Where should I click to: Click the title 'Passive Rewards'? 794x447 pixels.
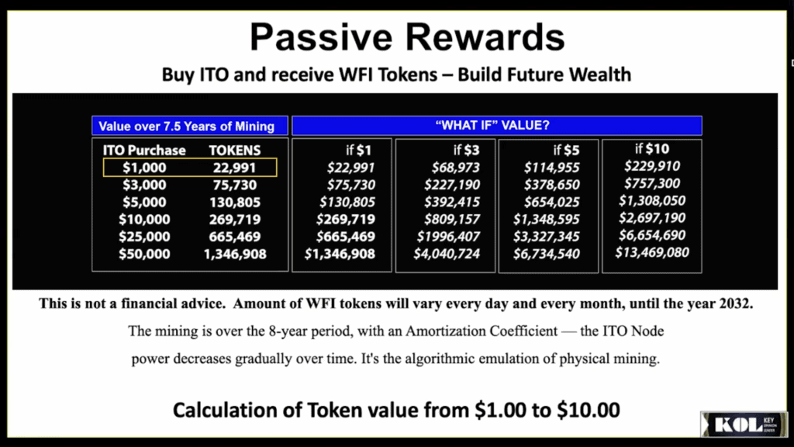(x=407, y=36)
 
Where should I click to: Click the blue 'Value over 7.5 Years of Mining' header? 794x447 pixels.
(x=186, y=126)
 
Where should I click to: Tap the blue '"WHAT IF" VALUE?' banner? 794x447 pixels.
(x=496, y=125)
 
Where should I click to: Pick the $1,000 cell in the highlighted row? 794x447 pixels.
(x=145, y=167)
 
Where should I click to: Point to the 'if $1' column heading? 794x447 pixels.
(x=360, y=150)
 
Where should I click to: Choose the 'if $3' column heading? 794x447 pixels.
(x=467, y=150)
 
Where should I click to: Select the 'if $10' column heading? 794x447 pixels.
(x=652, y=149)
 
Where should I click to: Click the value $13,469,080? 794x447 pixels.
(x=652, y=252)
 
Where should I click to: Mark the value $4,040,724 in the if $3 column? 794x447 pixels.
(x=446, y=254)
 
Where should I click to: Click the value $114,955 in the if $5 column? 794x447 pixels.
(x=551, y=168)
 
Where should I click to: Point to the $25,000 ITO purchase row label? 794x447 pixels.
(x=144, y=237)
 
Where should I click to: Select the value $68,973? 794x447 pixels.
(x=451, y=168)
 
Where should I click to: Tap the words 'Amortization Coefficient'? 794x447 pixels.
(x=475, y=331)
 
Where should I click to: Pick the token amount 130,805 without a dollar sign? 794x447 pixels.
(x=235, y=202)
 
